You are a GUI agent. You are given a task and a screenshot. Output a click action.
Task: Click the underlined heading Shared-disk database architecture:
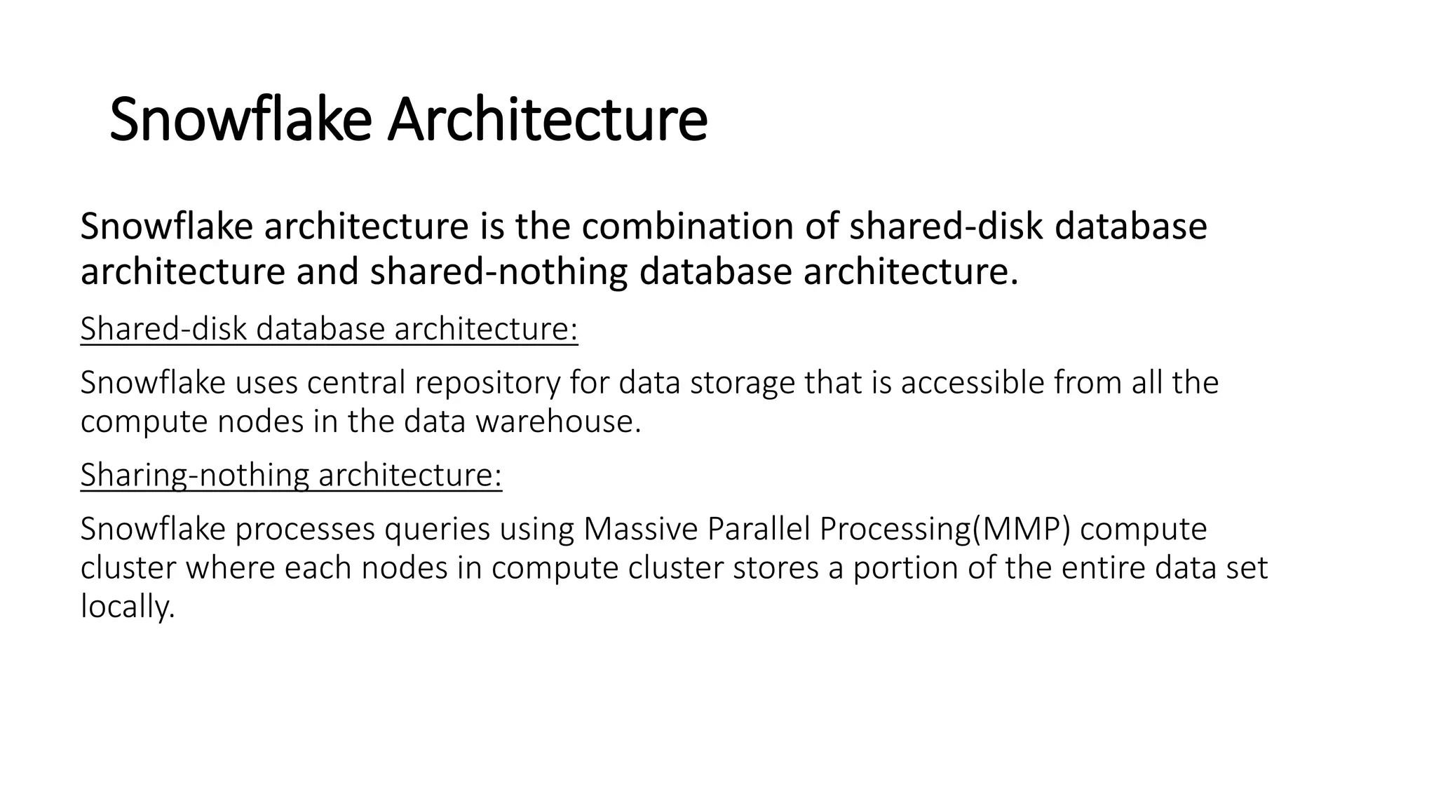click(329, 329)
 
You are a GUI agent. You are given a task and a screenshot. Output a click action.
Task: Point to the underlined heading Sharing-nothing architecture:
click(291, 475)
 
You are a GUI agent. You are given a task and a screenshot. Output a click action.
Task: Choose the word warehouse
click(557, 422)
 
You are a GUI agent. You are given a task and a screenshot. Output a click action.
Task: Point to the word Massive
click(640, 529)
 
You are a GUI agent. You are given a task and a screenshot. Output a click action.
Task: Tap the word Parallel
click(759, 529)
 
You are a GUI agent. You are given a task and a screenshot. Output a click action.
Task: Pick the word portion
click(905, 568)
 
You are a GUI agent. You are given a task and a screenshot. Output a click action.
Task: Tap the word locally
click(127, 607)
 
